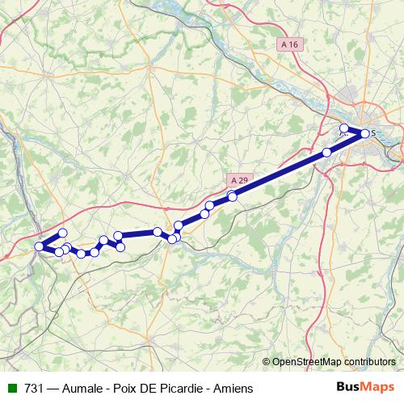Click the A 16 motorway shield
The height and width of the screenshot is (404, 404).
(x=292, y=42)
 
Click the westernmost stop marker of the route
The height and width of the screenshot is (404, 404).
(x=39, y=246)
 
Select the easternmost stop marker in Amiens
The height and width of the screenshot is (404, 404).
(x=364, y=133)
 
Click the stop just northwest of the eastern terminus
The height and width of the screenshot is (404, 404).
(x=343, y=128)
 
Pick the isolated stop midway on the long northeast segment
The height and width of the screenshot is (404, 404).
(x=326, y=152)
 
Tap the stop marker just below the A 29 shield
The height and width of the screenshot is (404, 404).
(x=233, y=196)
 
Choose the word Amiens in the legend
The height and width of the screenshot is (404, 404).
(x=233, y=389)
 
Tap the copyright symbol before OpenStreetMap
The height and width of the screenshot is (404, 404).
(x=267, y=363)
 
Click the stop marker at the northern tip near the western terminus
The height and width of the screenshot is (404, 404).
(x=62, y=233)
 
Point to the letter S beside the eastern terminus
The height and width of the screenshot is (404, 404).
(x=373, y=133)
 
